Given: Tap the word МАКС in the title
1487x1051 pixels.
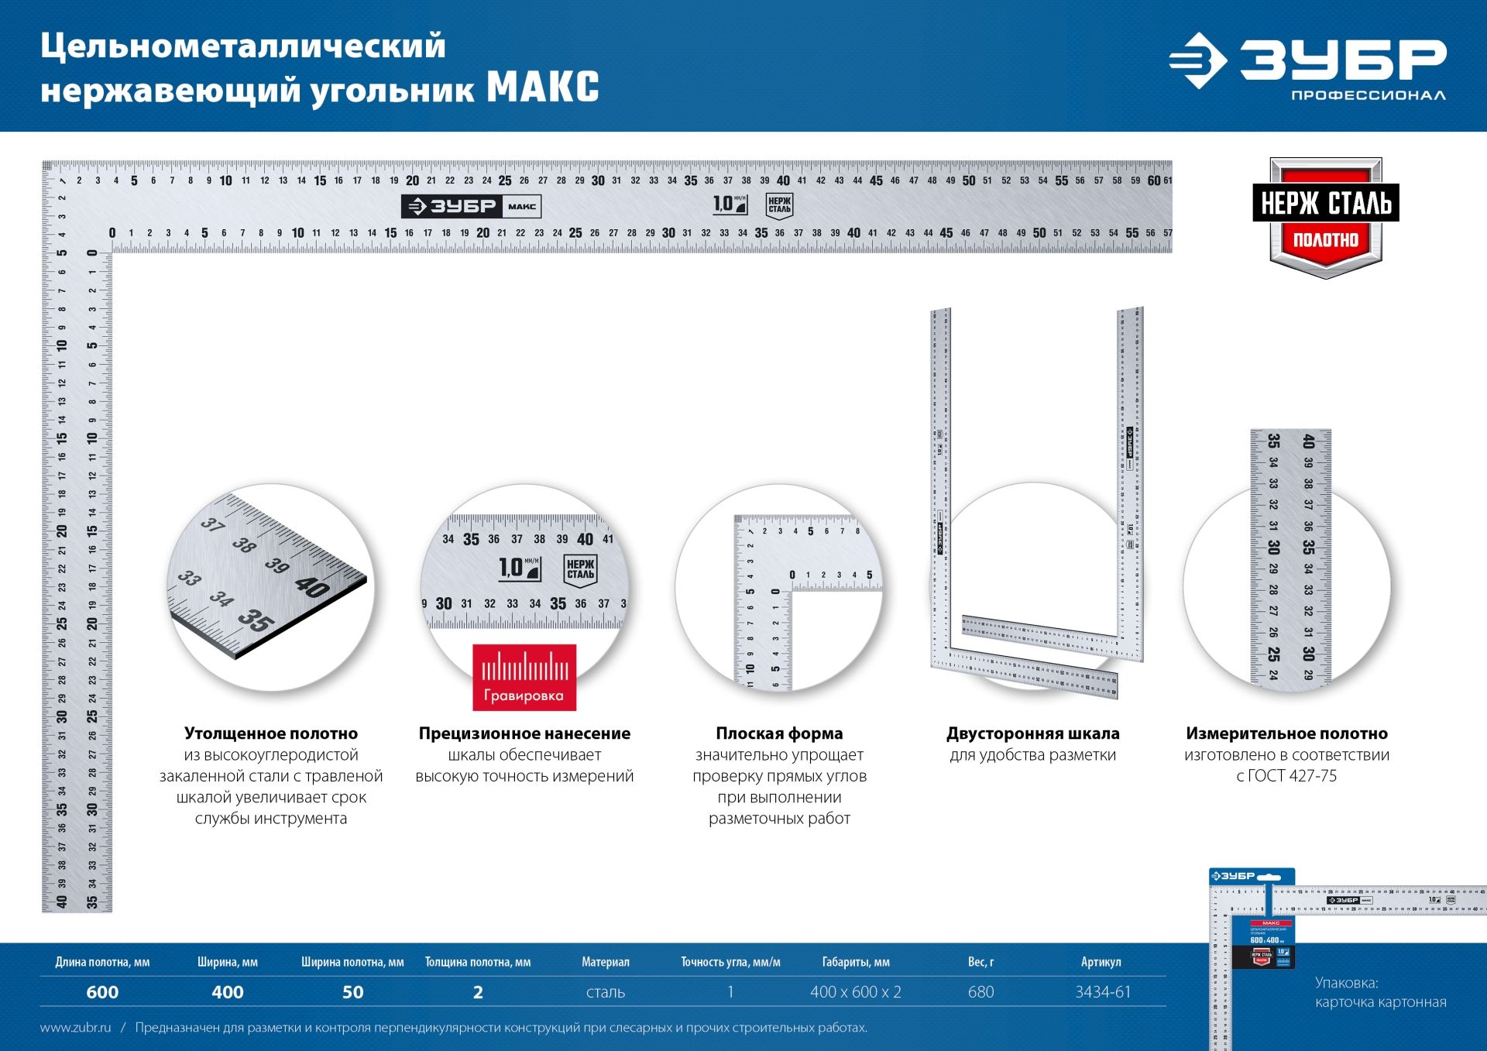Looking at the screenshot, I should click(543, 88).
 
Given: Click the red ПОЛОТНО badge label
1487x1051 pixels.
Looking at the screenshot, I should click(1325, 240).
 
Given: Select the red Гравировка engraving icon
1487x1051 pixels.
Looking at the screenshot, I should click(524, 677).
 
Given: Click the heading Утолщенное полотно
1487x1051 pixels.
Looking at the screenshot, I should click(271, 733).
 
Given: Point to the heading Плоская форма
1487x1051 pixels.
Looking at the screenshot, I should click(779, 733).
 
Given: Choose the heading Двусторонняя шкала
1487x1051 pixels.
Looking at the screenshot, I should click(1032, 733).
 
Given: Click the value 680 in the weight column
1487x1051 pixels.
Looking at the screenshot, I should click(980, 992).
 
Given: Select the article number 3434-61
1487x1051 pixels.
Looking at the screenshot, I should click(1103, 992).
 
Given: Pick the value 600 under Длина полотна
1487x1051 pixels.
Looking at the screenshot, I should click(102, 992).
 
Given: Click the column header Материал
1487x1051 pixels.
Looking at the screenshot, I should click(606, 962).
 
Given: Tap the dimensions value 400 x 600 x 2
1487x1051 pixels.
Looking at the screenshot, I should click(856, 992).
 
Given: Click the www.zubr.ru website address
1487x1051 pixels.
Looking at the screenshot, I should click(75, 1028).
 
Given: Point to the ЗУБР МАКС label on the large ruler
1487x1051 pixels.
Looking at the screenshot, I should click(471, 206).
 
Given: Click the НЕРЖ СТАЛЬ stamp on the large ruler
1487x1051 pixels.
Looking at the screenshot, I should click(779, 205).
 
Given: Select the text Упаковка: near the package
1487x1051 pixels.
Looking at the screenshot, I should click(1346, 983).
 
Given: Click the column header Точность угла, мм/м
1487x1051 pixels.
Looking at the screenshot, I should click(730, 962).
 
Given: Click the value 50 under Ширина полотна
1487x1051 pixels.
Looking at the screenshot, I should click(352, 992).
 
